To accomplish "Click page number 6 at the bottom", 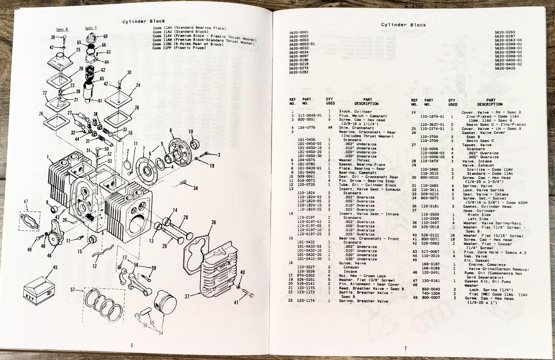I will tap(132, 345).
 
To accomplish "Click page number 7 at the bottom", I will tap(405, 348).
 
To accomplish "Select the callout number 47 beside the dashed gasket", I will tap(26, 202).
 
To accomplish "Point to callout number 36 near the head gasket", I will tap(213, 223).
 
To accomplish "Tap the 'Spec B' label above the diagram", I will tap(62, 29).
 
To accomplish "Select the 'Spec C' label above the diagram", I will tap(91, 28).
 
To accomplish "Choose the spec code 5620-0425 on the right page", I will tap(505, 68).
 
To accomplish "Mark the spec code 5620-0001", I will tap(299, 32).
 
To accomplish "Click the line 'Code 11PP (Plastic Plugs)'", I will tap(179, 48).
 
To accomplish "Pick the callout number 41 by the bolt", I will tap(236, 302).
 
